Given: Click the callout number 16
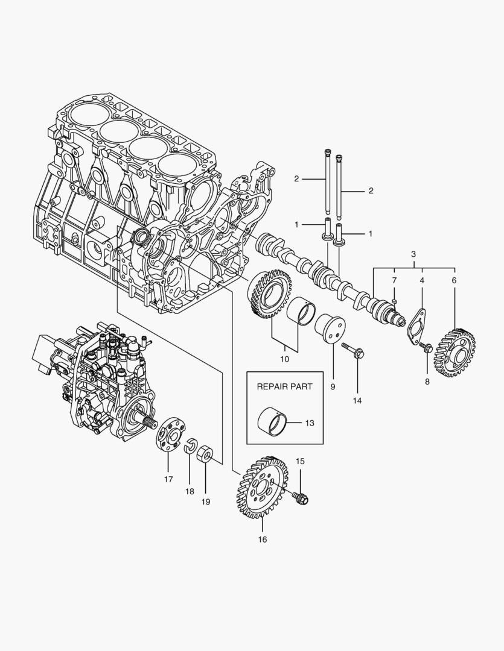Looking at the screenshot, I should coord(263,539).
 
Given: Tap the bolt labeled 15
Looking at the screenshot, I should coord(299,497).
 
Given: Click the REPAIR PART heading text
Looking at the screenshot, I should coord(284,386).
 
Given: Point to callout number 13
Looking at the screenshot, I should coord(309,423).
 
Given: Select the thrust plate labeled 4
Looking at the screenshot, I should coord(416,325).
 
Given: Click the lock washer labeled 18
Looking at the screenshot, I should coord(190,445).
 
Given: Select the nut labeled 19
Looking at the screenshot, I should coord(205,454).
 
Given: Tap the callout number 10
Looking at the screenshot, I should coord(284,359).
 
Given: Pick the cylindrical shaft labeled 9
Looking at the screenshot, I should coord(329,330).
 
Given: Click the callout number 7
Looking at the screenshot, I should coord(394,281).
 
